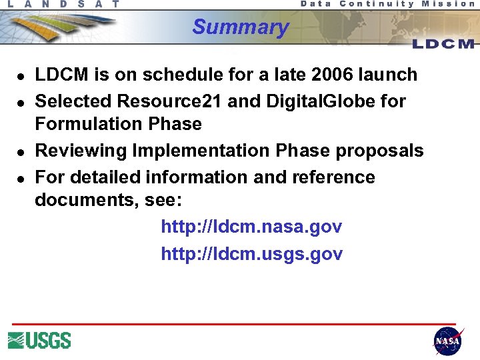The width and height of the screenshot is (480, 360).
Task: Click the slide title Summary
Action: point(240,27)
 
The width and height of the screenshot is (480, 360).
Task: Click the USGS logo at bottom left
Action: point(39,341)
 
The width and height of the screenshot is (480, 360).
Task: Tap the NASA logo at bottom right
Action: point(447,341)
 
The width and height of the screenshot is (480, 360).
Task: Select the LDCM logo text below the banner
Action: point(443,44)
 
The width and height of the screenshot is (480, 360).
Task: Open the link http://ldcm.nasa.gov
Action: point(251,227)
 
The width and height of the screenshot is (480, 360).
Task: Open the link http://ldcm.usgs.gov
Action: point(251,254)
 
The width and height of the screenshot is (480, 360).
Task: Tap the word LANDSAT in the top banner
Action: point(64,4)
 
